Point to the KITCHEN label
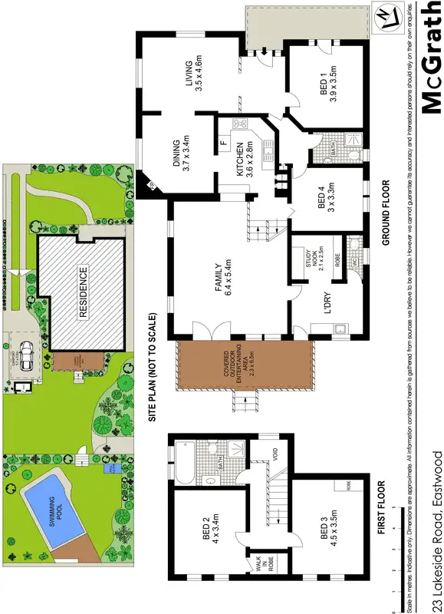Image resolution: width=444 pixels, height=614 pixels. (x=244, y=161)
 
